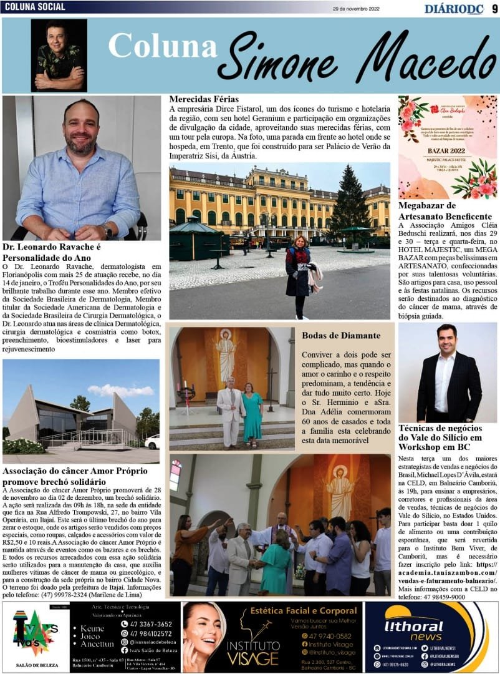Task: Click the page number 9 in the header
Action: [x=494, y=8]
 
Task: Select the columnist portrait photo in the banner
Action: [x=59, y=55]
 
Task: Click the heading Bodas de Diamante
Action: [x=340, y=336]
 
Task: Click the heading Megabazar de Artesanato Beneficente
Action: [x=445, y=210]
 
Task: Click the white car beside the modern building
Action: [x=151, y=442]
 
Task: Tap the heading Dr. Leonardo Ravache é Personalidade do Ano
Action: [x=52, y=252]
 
